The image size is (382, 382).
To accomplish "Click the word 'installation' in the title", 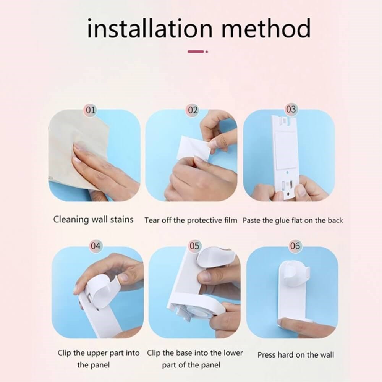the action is pos(150,28).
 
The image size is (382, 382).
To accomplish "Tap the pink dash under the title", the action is pos(196,52).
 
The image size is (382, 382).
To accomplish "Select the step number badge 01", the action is pos(91,110).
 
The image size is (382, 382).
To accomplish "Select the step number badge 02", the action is pos(193,110).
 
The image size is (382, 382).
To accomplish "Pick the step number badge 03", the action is pos(291,109).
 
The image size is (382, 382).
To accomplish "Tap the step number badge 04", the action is pos(95,246).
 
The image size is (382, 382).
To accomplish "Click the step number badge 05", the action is pos(194,246).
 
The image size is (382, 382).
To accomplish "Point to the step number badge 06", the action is pos(295,246).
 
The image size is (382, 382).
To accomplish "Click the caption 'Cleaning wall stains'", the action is pos(93,219).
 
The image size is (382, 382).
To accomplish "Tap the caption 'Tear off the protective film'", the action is pos(191,220).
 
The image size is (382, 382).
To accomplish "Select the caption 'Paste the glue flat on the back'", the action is pos(293,220).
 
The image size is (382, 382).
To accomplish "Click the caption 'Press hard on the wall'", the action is pos(296,355).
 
